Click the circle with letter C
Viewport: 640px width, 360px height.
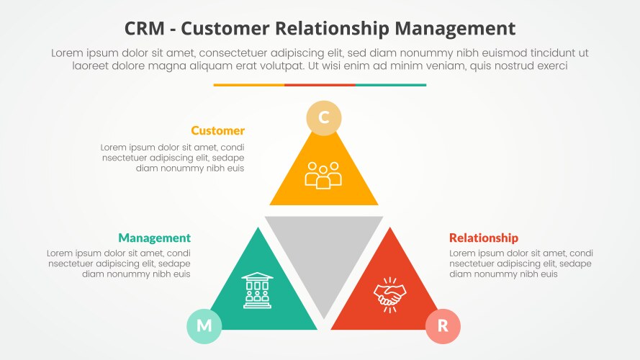click(x=324, y=118)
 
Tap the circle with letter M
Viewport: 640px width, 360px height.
click(x=204, y=325)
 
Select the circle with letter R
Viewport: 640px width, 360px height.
click(x=443, y=326)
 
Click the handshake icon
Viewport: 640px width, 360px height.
click(x=389, y=294)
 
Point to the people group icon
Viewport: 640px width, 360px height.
click(x=323, y=175)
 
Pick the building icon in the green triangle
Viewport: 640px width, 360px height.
click(x=257, y=291)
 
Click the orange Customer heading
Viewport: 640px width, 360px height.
click(x=217, y=131)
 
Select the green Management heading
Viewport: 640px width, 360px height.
click(x=154, y=238)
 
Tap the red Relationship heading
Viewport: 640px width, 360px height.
click(x=483, y=238)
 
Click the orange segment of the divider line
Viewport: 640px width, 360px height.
click(x=248, y=85)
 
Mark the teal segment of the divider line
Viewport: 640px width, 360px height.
click(x=391, y=85)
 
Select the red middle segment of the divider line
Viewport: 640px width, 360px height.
click(x=320, y=85)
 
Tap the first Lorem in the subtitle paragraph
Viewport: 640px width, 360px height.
click(x=68, y=53)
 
